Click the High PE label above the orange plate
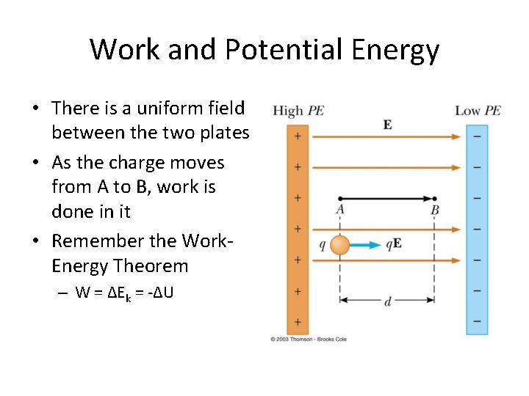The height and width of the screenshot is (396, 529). pyautogui.click(x=298, y=111)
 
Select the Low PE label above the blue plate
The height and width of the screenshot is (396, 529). pyautogui.click(x=478, y=111)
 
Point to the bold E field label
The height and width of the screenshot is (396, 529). pyautogui.click(x=387, y=125)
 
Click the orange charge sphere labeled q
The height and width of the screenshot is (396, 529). pyautogui.click(x=339, y=245)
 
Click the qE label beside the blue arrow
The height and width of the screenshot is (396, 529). pyautogui.click(x=394, y=245)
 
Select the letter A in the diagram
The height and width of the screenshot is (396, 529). pyautogui.click(x=339, y=210)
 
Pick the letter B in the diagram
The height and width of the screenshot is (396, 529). pyautogui.click(x=434, y=210)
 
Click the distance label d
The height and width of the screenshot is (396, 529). pyautogui.click(x=387, y=301)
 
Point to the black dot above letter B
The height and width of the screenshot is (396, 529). pyautogui.click(x=434, y=198)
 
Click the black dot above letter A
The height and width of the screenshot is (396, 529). pyautogui.click(x=339, y=198)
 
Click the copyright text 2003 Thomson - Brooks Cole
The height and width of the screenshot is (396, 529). pyautogui.click(x=309, y=339)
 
